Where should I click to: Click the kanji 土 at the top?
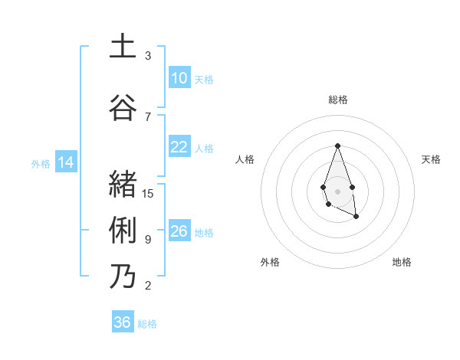coord(123,47)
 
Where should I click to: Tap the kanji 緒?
coord(123,184)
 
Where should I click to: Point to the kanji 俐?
coord(123,230)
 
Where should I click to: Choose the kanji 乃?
coord(123,276)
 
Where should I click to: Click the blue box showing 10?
coord(179,78)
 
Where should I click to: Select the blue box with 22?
coord(179,147)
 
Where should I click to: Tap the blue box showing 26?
coord(179,231)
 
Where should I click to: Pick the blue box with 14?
coord(65,162)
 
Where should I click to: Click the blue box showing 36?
coord(123,322)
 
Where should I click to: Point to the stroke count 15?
coord(148,193)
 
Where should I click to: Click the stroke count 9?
coord(148,239)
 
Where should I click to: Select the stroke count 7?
coord(148,116)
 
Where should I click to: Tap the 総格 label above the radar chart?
coord(337,100)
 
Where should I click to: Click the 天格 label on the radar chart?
coord(432,159)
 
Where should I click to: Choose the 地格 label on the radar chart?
coord(402,262)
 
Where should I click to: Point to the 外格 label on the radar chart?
coord(270,262)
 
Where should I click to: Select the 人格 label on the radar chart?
coord(245,159)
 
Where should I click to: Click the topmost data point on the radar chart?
coord(337,146)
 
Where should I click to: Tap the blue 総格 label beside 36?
coord(147,324)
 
